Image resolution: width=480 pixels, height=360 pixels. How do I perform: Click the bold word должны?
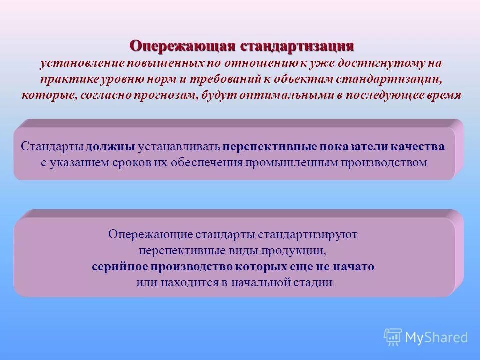(110, 147)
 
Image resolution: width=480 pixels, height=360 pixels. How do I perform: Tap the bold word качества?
(418, 147)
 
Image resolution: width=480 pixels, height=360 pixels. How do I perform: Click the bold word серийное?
(117, 266)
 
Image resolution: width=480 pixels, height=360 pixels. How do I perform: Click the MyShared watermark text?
(436, 338)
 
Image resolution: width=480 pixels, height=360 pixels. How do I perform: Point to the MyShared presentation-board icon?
(392, 338)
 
